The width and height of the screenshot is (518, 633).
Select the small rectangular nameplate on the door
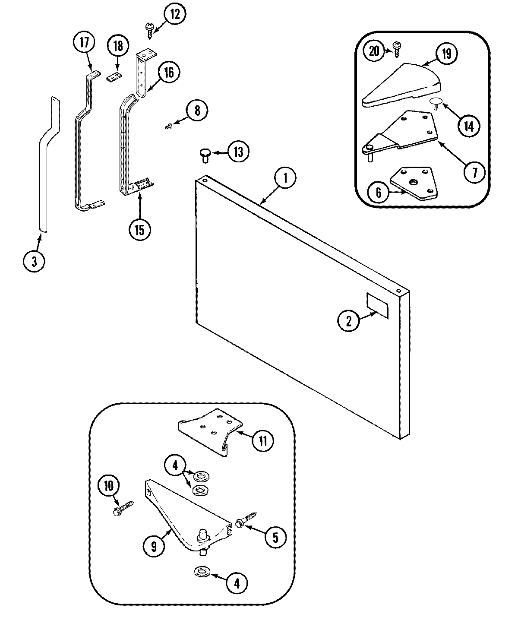point(377,305)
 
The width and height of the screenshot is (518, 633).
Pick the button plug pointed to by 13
point(205,154)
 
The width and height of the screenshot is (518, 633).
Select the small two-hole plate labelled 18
point(114,76)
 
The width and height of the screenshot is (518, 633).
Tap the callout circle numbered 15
point(139,228)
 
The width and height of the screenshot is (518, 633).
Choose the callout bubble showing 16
point(168,72)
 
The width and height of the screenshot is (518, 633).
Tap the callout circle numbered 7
point(474,172)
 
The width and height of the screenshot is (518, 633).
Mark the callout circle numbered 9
point(154,546)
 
